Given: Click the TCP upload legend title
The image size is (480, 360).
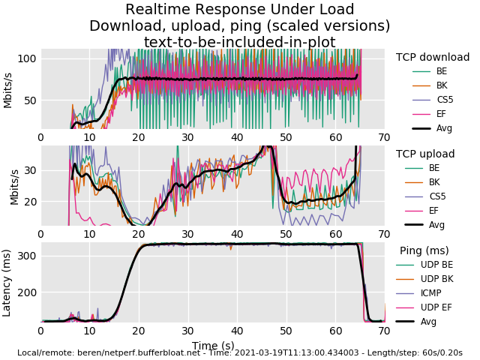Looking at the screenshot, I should coord(425,154).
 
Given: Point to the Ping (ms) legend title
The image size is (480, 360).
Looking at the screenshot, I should coord(424,250).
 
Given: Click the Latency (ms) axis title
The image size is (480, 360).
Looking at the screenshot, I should coord(7,283).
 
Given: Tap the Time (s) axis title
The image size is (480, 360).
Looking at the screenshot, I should coord(212,346).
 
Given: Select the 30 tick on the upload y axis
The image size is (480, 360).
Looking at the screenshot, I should coord(29,170).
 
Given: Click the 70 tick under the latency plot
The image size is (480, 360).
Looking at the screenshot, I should coord(384,331).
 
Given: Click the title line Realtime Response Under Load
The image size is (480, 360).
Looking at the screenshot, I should coord(239,10).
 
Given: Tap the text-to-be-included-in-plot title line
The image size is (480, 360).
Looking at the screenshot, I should coord(239,42).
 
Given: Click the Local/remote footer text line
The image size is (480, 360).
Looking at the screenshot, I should coord(239,352).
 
